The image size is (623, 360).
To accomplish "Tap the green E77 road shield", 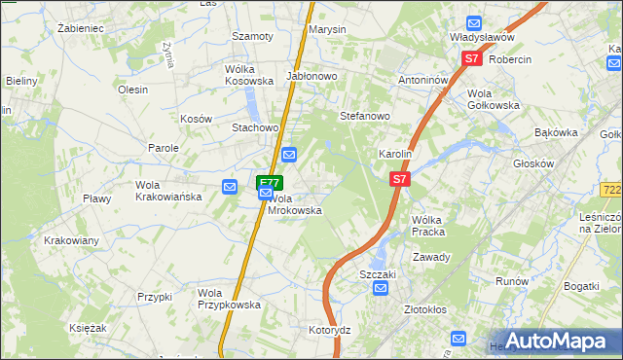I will coord(270,181).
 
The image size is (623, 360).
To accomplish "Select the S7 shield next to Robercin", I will coord(472,58).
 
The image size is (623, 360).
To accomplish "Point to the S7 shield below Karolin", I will coord(400,180).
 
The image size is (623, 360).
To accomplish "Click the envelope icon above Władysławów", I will coord(474,23).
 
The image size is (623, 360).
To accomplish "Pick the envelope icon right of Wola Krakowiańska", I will coord(230,187).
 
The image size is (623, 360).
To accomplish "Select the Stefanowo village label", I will coord(364,116).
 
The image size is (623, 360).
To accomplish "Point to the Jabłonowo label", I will coord(311,75).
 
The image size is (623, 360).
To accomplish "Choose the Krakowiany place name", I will coord(71,240).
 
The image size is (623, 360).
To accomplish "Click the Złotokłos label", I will coord(424,309).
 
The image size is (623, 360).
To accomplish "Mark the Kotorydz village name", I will coord(329,330).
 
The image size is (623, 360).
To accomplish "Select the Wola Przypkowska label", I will coord(229,299).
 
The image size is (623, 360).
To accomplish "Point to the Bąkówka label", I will coord(556,131).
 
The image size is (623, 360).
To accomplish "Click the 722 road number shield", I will coord(611,188).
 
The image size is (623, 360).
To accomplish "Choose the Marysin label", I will coord(327,29).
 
